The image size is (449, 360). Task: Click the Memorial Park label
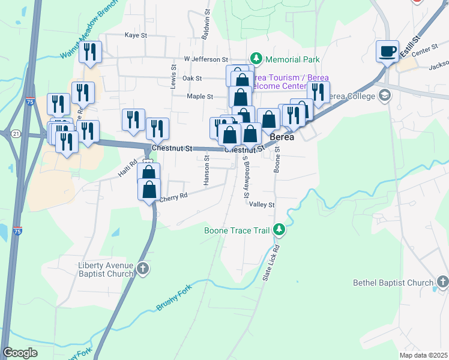[x=292, y=59]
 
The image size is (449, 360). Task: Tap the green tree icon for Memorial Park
[x=257, y=58]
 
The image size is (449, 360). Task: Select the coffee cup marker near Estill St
[x=387, y=51]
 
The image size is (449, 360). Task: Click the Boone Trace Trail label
[x=237, y=229]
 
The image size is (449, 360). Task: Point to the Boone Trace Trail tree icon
[x=279, y=229]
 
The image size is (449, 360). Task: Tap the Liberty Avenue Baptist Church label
[x=106, y=269]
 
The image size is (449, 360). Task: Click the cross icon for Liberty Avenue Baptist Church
[x=142, y=269]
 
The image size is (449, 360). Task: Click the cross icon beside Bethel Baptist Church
[x=442, y=281]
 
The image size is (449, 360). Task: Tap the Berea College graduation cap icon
[x=384, y=95]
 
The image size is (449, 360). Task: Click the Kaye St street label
[x=136, y=35]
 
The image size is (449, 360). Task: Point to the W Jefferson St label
[x=206, y=59]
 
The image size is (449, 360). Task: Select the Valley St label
[x=262, y=205]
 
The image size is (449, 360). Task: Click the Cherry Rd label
[x=174, y=196]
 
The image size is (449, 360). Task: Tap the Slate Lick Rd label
[x=272, y=263]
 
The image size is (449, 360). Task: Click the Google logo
[x=20, y=353]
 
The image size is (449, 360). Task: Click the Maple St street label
[x=200, y=96]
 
